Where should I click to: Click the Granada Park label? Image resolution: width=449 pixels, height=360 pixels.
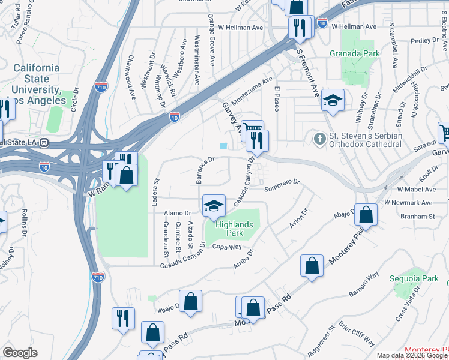tap(355, 53)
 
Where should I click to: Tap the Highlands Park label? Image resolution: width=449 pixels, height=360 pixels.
tap(235, 229)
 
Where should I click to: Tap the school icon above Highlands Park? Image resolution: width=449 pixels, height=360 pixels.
tap(214, 206)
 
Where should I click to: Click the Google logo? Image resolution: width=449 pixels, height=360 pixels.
tap(20, 353)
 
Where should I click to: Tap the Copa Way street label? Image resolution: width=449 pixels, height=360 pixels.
tap(227, 247)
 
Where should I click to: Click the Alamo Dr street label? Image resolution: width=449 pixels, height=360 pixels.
tap(179, 213)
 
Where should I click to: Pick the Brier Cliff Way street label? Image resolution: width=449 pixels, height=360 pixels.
tap(358, 335)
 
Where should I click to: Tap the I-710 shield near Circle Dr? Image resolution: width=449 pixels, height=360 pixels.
tap(101, 88)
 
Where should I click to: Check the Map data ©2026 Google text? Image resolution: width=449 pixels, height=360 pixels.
tap(412, 355)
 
